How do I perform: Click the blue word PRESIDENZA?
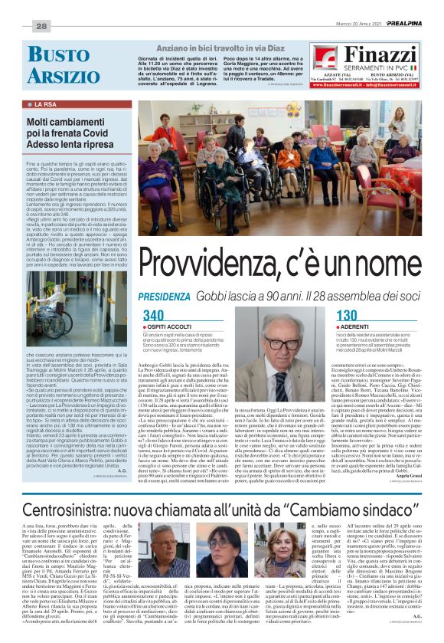pos(162,296)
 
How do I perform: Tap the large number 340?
pos(154,315)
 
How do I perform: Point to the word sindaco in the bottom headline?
pos(388,509)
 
